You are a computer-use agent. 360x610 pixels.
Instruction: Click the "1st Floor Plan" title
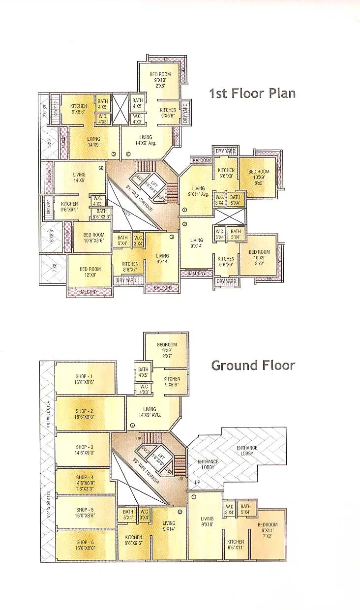[252, 93]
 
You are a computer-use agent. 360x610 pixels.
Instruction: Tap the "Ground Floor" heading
[253, 365]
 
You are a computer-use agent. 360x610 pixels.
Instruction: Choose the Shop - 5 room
[85, 512]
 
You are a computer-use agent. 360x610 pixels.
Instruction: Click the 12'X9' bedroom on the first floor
[90, 272]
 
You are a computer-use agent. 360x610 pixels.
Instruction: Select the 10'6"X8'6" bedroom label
[93, 238]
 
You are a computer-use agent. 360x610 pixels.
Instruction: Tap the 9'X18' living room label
[207, 521]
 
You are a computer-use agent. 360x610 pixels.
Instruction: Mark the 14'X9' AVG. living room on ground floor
[150, 412]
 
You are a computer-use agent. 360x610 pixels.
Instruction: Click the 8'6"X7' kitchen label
[129, 267]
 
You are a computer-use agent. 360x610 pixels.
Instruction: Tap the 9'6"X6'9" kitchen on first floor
[69, 207]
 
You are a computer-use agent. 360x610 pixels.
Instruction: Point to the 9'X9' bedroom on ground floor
[167, 348]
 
